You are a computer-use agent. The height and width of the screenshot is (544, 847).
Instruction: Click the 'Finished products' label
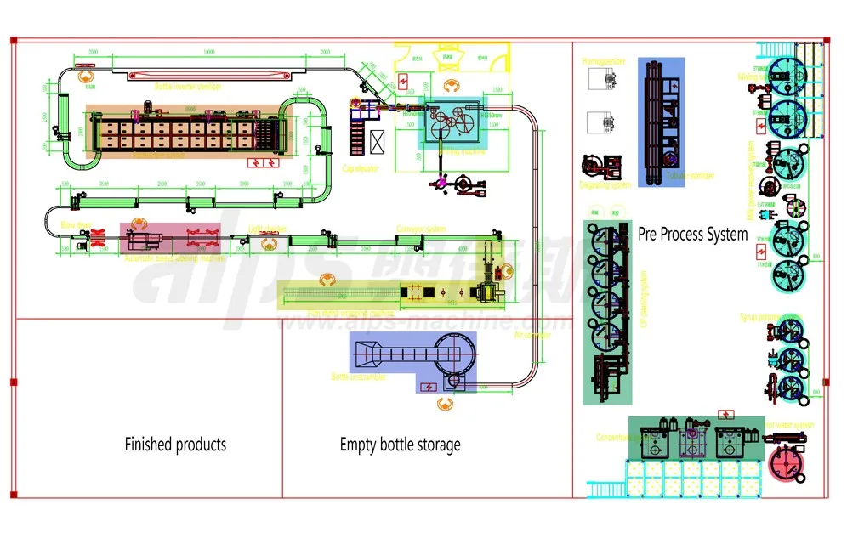(175, 444)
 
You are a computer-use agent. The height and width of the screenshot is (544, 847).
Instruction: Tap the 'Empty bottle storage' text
(400, 444)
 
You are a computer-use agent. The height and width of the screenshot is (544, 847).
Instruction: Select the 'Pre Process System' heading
(692, 235)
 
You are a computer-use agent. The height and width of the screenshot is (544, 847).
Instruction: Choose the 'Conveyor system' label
(421, 228)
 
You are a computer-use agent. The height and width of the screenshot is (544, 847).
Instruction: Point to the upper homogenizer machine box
(606, 79)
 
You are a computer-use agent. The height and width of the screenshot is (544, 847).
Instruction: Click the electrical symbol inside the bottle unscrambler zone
(429, 386)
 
